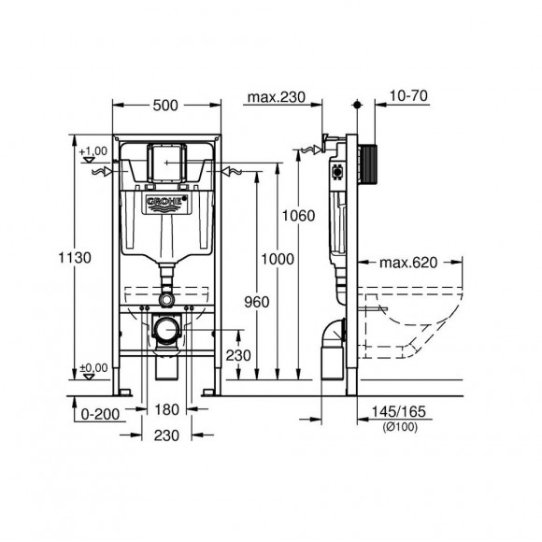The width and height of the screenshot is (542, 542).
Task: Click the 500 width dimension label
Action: point(165,106)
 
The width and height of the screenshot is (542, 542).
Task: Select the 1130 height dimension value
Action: point(75,258)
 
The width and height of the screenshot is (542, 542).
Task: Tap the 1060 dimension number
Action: point(299,216)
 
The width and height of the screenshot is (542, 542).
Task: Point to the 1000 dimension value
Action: point(278,259)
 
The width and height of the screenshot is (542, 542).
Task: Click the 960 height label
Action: point(257,303)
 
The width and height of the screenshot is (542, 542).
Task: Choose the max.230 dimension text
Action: point(277,97)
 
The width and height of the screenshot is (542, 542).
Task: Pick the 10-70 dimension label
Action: point(409,95)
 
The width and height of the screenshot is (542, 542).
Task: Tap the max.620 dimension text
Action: point(408,263)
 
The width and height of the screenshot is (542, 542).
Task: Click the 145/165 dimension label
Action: point(398,412)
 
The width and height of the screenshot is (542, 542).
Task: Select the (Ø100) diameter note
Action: point(400,427)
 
